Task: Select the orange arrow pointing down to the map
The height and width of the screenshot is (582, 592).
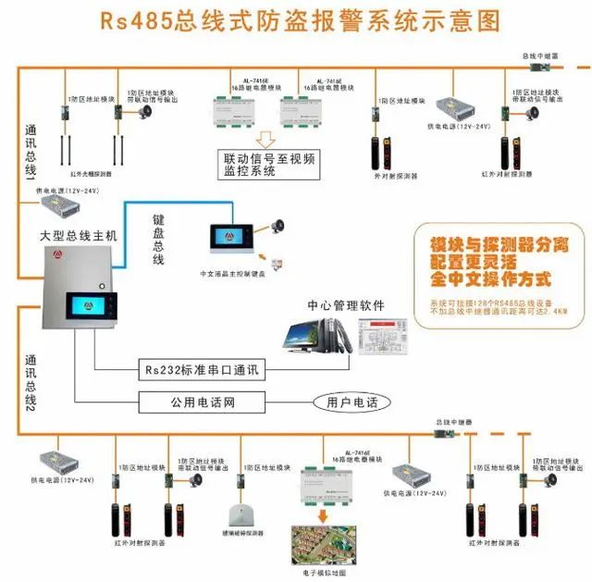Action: click(323, 514)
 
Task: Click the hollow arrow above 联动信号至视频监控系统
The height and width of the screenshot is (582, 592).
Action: click(265, 139)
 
